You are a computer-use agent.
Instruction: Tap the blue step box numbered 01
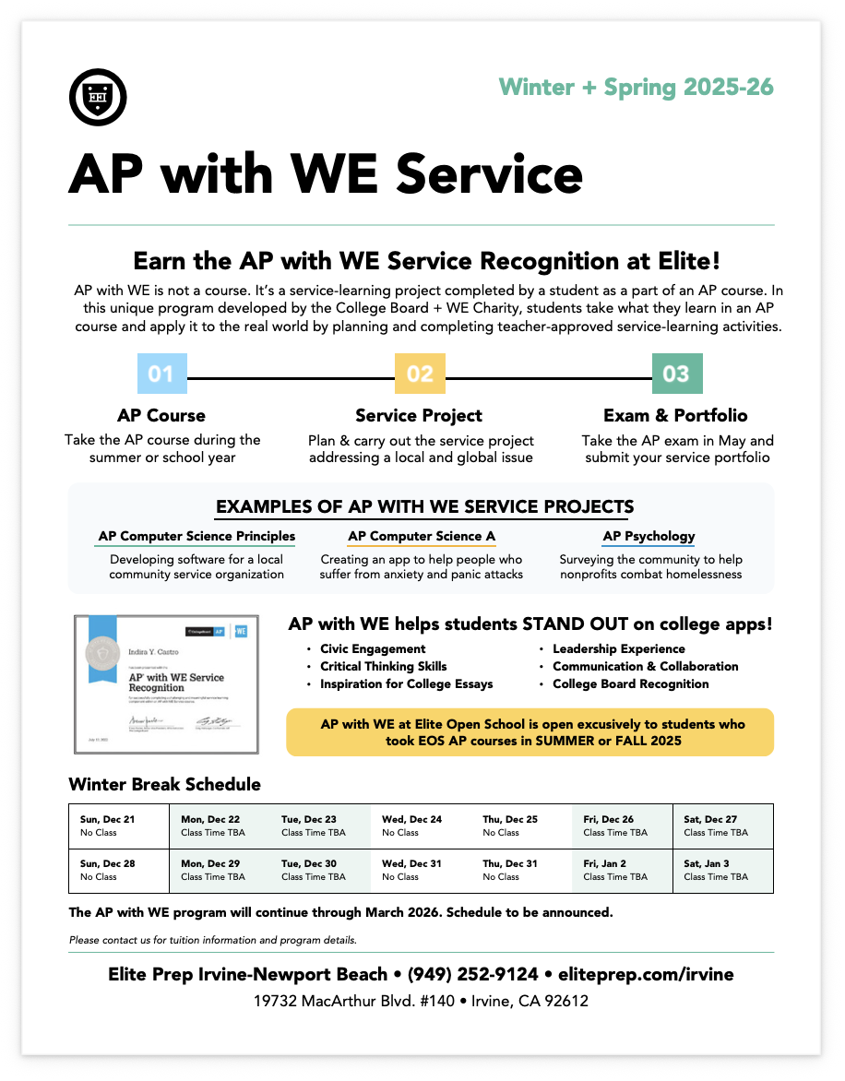[x=161, y=374]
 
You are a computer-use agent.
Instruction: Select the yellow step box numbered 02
[x=420, y=374]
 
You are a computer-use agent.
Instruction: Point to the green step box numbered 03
[x=676, y=374]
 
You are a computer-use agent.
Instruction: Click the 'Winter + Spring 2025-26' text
[x=636, y=88]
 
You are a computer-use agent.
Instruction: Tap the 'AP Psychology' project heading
[x=649, y=536]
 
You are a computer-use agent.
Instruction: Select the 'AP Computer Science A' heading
[x=422, y=536]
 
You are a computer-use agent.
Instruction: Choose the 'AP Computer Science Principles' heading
[x=196, y=536]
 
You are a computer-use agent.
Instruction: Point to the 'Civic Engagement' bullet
[x=373, y=649]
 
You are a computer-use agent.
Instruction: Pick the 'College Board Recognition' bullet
[x=630, y=684]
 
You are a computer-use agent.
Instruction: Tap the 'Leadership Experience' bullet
[x=618, y=649]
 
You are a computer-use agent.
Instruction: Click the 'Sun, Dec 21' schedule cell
[x=119, y=826]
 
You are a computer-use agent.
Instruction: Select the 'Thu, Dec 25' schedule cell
[x=521, y=826]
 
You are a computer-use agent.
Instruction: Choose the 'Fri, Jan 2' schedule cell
[x=622, y=871]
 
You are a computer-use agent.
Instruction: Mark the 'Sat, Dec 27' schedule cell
[x=722, y=826]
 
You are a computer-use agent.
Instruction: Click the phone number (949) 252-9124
[x=473, y=974]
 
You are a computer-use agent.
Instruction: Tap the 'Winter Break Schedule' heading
[x=164, y=785]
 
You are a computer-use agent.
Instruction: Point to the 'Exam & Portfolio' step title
[x=675, y=415]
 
